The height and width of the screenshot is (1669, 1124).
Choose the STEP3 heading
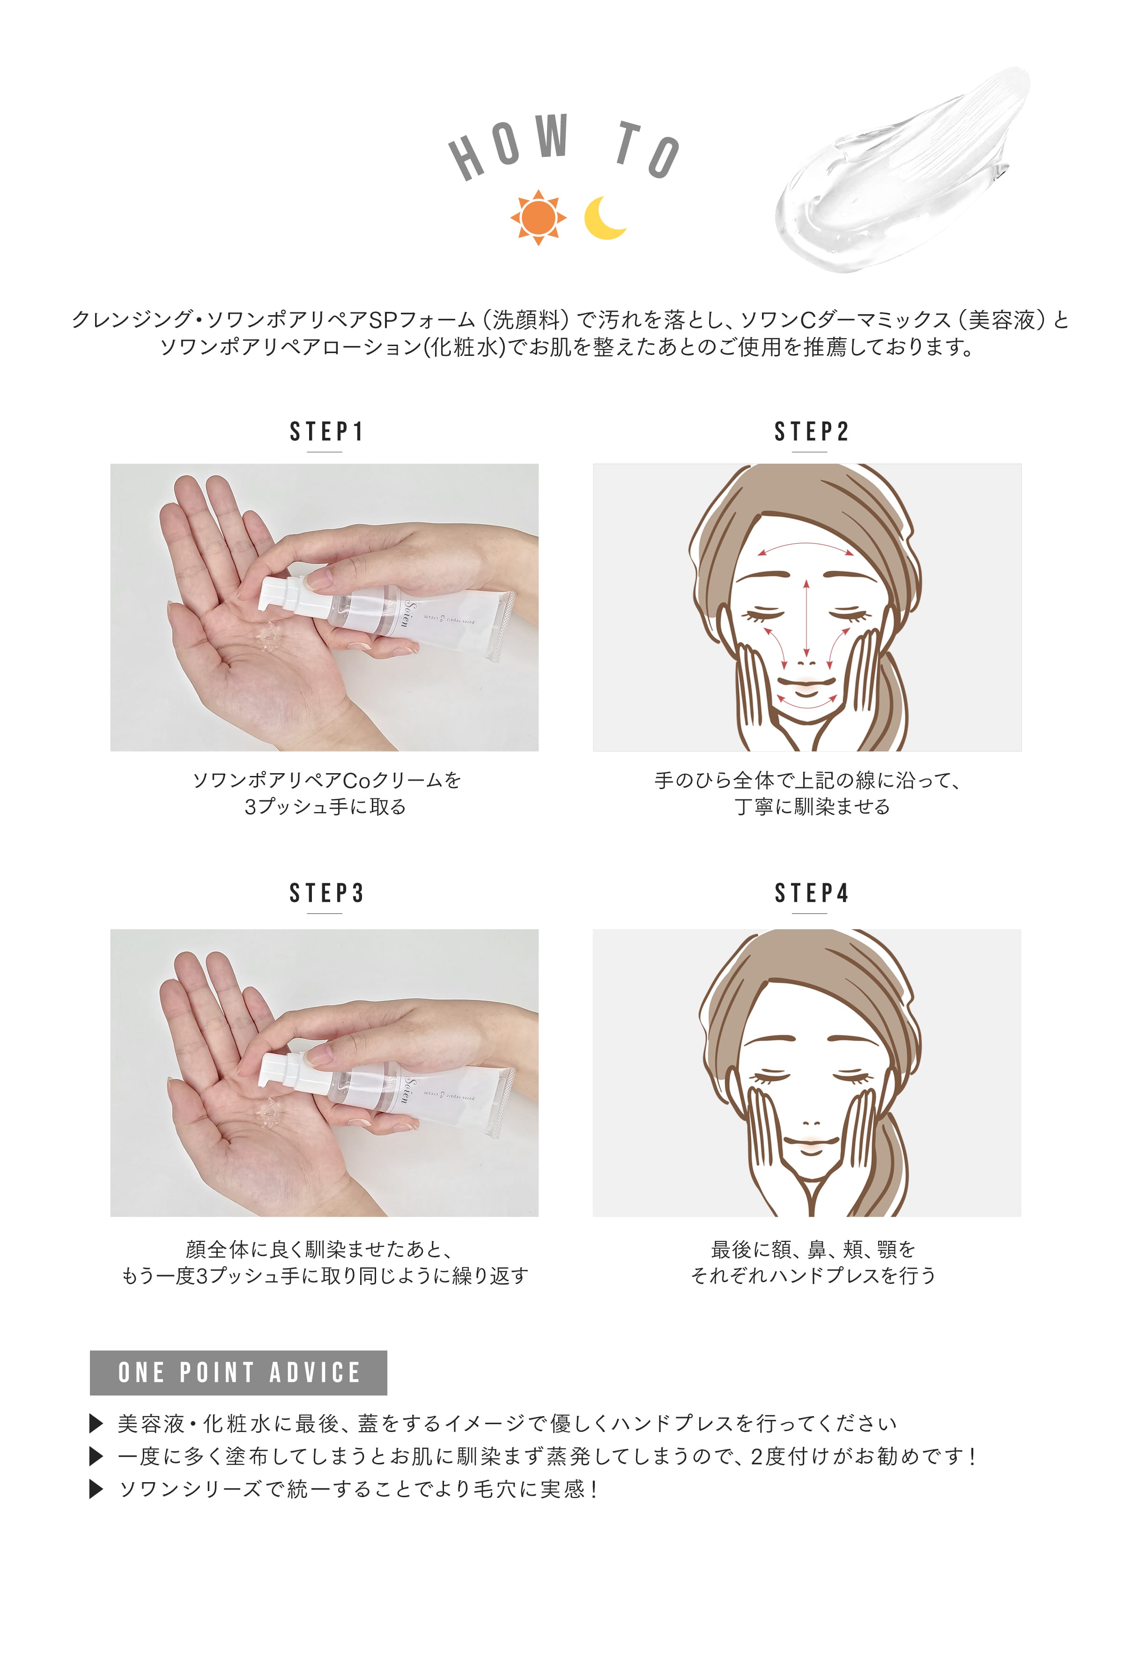tap(326, 893)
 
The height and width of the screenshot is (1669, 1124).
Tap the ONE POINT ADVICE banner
tap(238, 1372)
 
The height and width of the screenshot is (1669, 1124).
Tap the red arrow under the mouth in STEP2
tap(806, 702)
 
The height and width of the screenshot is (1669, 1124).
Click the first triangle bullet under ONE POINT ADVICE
tap(96, 1423)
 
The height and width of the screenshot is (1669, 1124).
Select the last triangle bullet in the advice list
tap(96, 1489)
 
